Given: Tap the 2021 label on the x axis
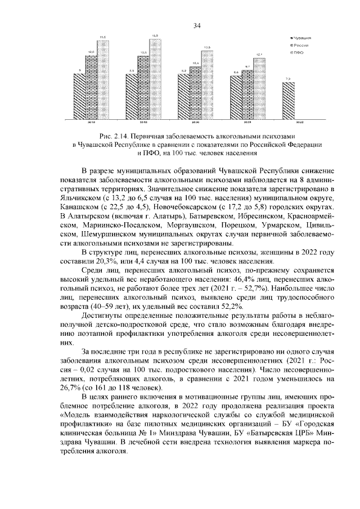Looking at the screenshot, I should (x=246, y=122).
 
